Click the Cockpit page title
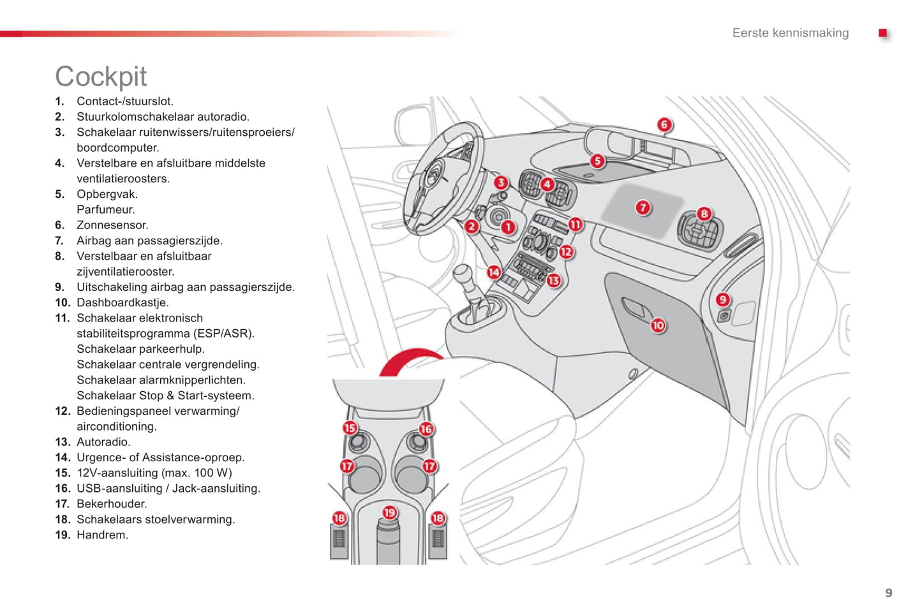(101, 77)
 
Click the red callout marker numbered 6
(664, 124)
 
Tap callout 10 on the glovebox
(658, 325)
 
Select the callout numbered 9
(723, 299)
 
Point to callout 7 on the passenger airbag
(643, 207)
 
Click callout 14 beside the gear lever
(494, 272)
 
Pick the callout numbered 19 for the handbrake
(389, 512)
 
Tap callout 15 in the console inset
(350, 428)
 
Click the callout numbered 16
(426, 429)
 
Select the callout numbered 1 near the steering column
(508, 227)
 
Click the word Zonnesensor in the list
(112, 225)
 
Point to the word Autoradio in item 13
(102, 442)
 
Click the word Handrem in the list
(101, 535)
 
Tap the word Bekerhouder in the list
(111, 504)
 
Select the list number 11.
(62, 318)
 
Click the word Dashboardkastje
(122, 303)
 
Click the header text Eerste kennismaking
(790, 33)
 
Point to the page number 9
(888, 593)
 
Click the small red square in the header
(882, 33)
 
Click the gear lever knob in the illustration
(462, 274)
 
